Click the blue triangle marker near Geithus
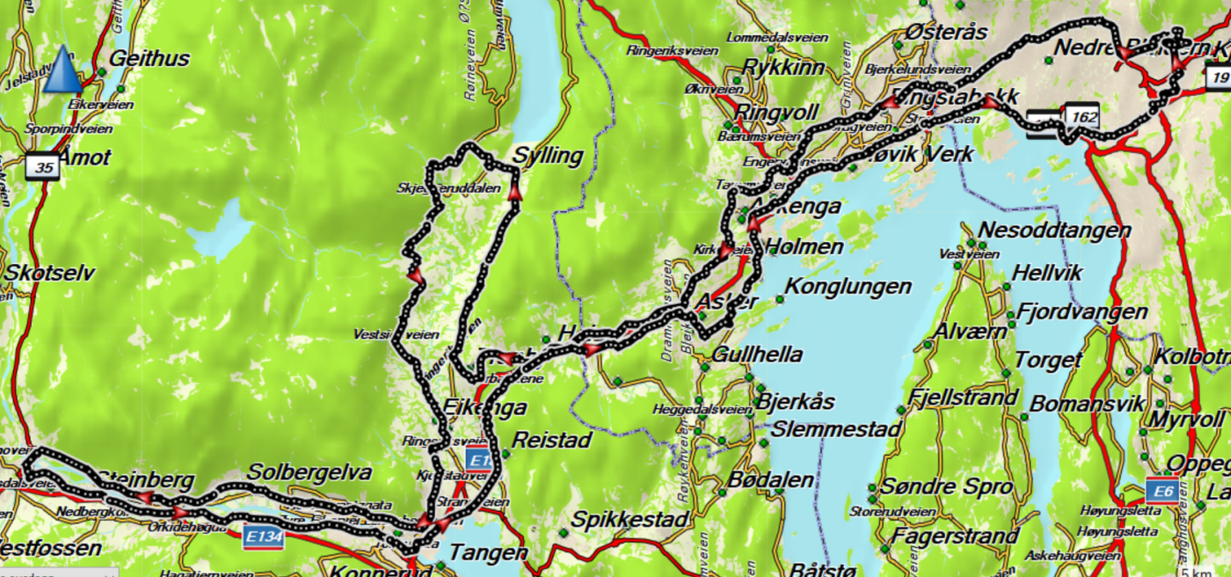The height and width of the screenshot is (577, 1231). click(x=62, y=70)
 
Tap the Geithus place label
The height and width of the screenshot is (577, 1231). click(x=149, y=59)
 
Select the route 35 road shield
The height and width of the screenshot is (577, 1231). click(x=42, y=166)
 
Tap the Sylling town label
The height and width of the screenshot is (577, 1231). click(x=549, y=157)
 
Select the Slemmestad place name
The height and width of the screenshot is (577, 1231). click(x=836, y=429)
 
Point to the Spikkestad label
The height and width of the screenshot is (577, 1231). click(x=628, y=520)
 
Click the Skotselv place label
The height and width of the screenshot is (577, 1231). click(x=49, y=273)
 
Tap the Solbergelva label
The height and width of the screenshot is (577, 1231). click(x=310, y=471)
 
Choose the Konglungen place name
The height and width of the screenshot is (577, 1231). click(x=848, y=287)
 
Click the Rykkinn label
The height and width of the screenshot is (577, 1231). click(x=779, y=67)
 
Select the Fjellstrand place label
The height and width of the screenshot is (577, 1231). click(x=965, y=398)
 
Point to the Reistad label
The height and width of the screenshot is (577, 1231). click(x=552, y=439)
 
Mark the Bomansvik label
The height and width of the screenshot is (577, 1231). click(x=1088, y=404)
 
